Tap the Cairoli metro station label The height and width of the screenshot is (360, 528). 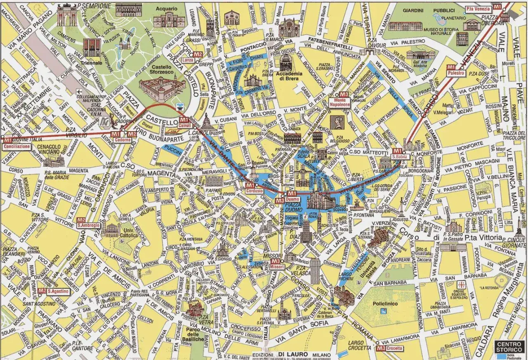click(184, 124)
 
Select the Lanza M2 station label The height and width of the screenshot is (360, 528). click(188, 60)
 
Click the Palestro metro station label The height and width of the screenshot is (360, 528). click(456, 73)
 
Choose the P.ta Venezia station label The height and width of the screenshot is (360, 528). click(478, 9)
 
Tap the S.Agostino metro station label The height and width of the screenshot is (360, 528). click(57, 291)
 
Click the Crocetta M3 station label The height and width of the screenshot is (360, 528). click(395, 348)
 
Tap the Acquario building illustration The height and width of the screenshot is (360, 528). click(169, 19)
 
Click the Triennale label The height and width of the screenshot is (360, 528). click(92, 63)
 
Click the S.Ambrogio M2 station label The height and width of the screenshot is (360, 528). click(88, 225)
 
